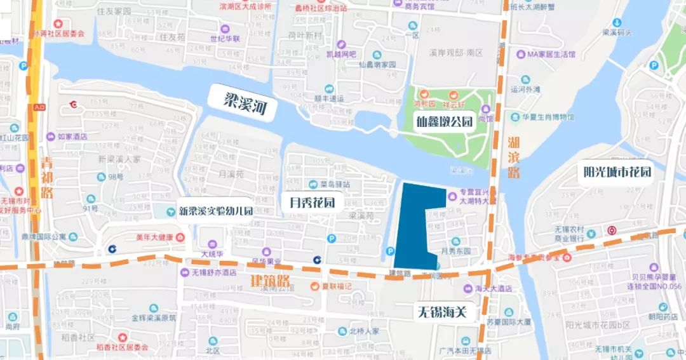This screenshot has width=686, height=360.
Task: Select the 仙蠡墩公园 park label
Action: [445, 121]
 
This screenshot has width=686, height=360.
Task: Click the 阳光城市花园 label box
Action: [617, 172]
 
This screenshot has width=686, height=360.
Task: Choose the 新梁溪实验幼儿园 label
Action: [215, 211]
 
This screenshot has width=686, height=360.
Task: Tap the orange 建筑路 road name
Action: [269, 281]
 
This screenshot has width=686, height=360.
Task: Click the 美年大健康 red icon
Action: [180, 237]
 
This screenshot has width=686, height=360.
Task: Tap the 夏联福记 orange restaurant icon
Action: [314, 286]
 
